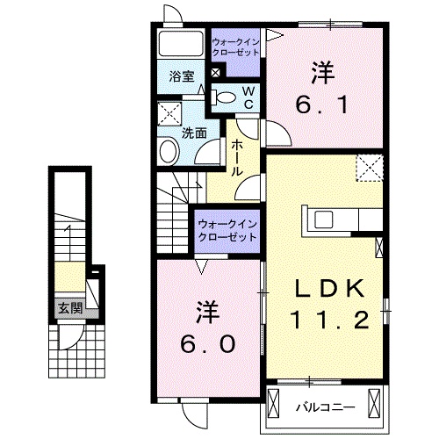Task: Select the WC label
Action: pos(248,97)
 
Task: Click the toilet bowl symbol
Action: pos(225,97)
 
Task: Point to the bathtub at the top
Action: pos(181,43)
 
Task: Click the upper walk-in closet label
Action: pos(235,45)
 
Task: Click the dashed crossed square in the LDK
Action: pos(369,167)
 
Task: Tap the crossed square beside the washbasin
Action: pos(169,114)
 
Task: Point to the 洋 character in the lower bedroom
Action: pos(207,310)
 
